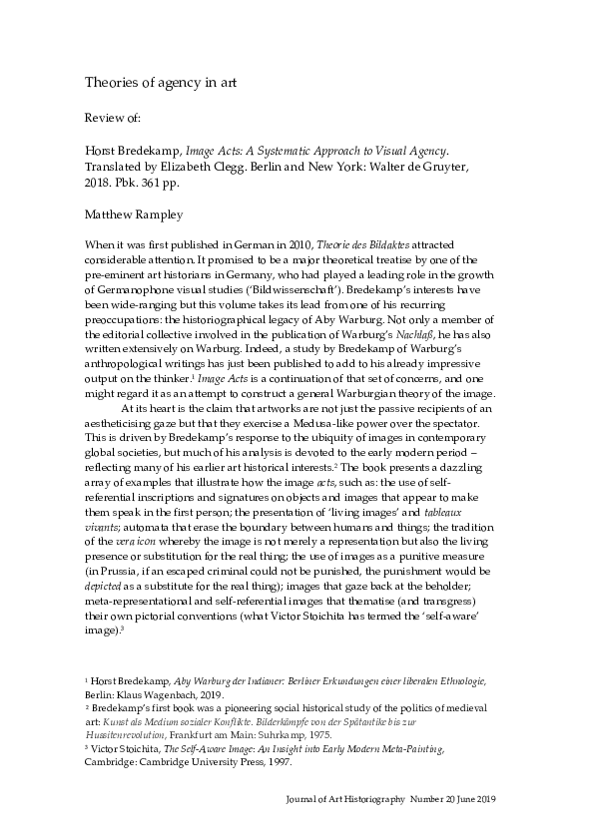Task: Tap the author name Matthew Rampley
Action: click(133, 212)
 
